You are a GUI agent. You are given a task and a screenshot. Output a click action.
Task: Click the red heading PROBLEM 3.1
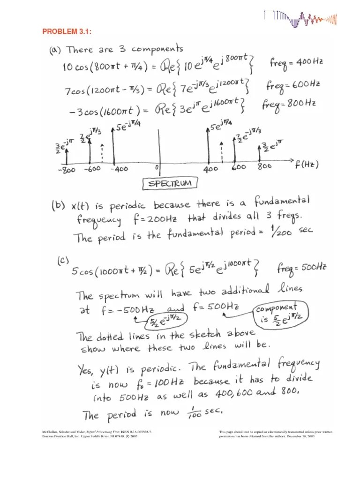click(x=67, y=31)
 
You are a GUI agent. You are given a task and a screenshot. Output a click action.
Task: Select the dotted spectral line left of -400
click(x=102, y=152)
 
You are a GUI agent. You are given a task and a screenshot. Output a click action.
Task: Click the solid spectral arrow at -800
click(x=67, y=156)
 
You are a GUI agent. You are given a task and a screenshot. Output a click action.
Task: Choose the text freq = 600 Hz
click(x=293, y=85)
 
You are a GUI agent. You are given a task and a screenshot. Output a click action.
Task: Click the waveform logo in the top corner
click(x=300, y=18)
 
